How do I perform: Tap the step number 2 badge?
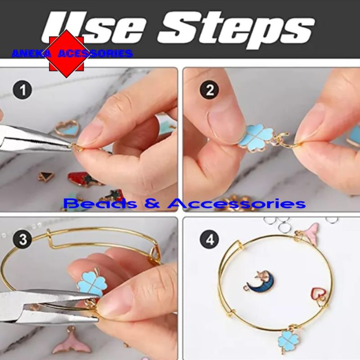(x=210, y=90)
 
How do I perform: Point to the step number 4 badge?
(x=210, y=240)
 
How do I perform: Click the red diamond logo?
(x=67, y=54)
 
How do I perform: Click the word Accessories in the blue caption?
(x=237, y=203)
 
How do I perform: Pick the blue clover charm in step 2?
(x=255, y=136)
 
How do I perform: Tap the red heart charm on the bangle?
(x=319, y=295)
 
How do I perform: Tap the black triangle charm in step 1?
(x=46, y=176)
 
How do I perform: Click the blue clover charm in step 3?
(x=92, y=285)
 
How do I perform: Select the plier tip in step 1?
(x=71, y=145)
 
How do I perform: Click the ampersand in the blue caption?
(x=152, y=204)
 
